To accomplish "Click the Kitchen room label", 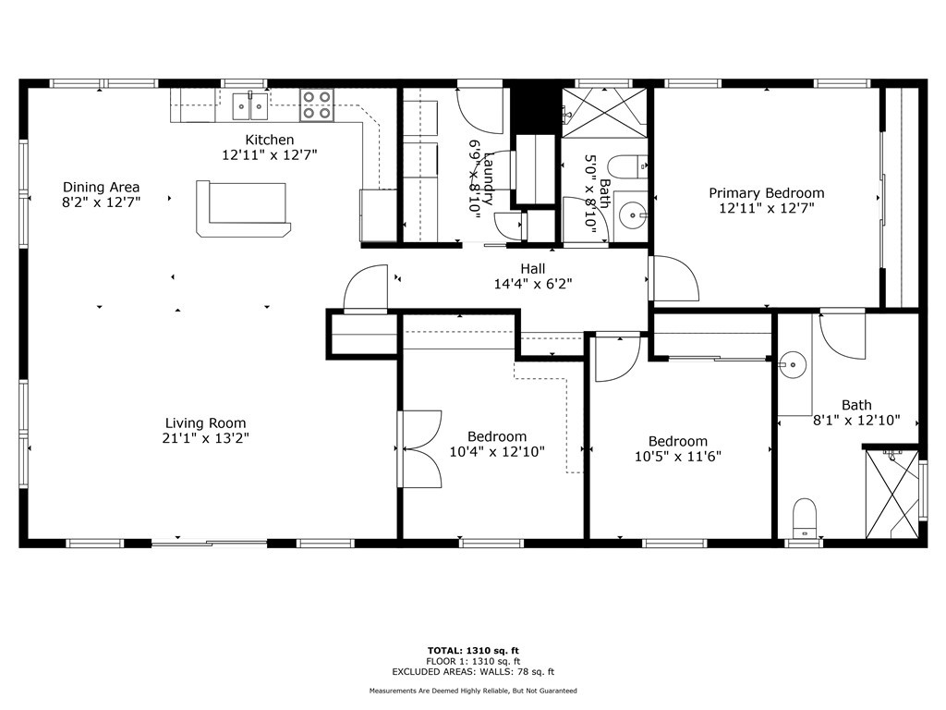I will click(269, 140).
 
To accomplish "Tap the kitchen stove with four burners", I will click(316, 105).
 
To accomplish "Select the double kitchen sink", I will click(249, 106).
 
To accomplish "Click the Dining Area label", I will click(102, 187).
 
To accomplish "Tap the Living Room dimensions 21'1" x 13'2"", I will click(205, 438).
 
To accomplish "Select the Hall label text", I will click(532, 269).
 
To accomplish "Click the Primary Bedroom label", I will click(766, 193).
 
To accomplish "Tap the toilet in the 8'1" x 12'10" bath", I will click(806, 517).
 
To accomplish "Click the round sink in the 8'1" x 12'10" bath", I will click(791, 364).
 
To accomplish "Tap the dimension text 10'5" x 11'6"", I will click(677, 456).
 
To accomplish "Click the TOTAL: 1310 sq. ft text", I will click(472, 650).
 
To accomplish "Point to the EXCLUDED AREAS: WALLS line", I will click(472, 672).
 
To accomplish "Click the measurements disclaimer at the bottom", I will click(472, 691).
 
